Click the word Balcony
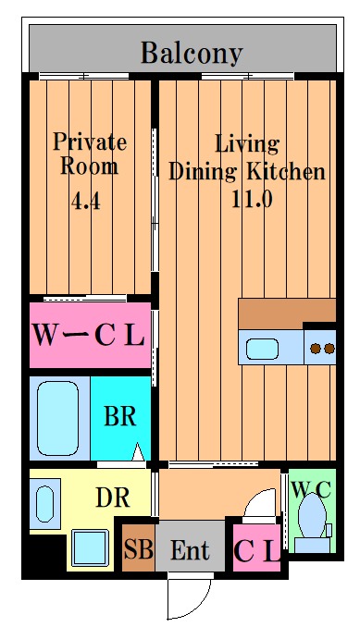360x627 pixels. point(192,54)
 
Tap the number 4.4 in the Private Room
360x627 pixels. point(85,201)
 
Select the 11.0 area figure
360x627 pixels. point(252,199)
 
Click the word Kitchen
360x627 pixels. point(286,172)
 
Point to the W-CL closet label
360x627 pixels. point(89,335)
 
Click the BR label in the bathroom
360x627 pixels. point(120,416)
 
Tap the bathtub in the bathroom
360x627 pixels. point(57,418)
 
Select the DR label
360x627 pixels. point(113,498)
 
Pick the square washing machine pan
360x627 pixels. point(91,547)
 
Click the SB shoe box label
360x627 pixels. point(138,549)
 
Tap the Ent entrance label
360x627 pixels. point(190,550)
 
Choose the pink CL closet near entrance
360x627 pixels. point(256,547)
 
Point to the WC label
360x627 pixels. point(311,488)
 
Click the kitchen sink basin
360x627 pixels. point(262,349)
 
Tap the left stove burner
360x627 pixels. point(316,349)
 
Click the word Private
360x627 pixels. point(90,142)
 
